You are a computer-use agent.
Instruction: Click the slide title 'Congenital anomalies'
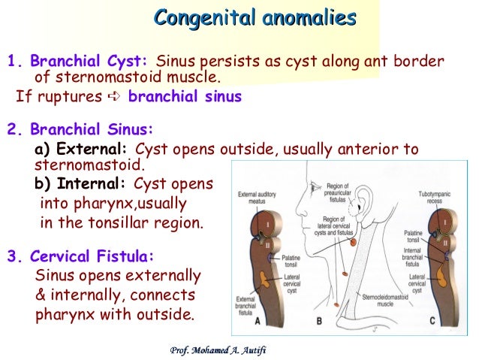point(255,18)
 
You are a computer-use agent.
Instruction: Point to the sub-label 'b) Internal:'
point(82,184)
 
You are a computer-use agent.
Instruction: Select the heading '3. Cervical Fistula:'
point(80,256)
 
